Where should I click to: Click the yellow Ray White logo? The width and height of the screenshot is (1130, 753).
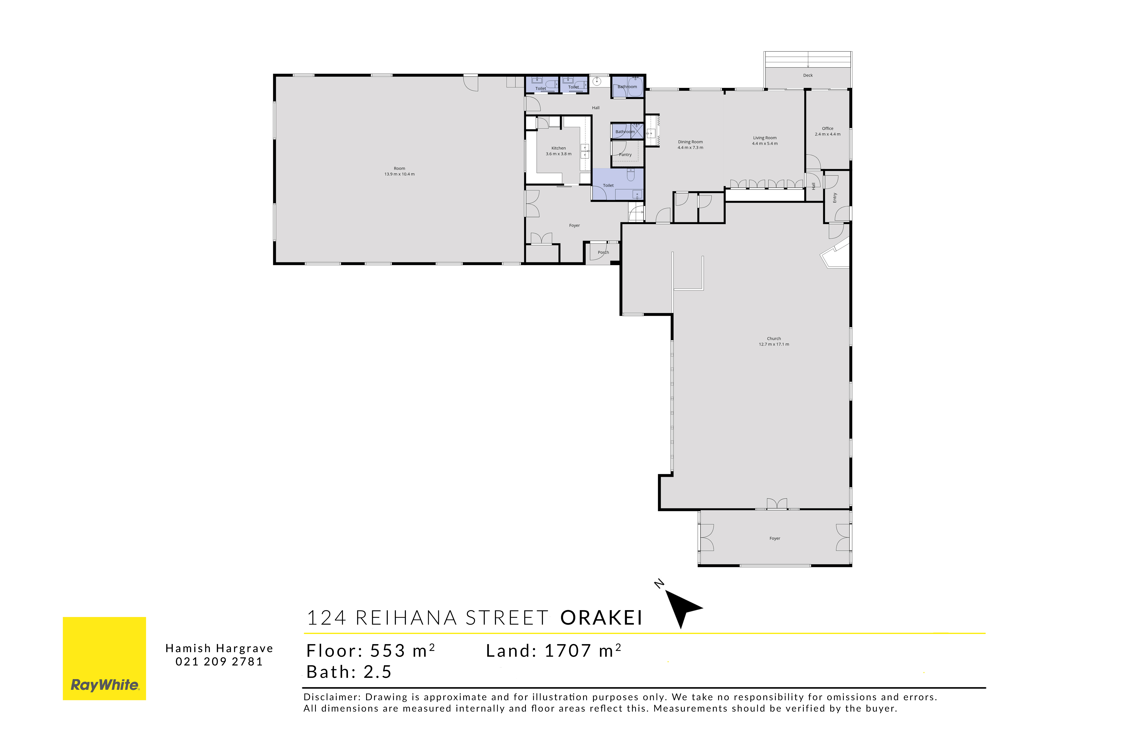(x=104, y=658)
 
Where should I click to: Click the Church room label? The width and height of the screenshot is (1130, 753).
(x=774, y=339)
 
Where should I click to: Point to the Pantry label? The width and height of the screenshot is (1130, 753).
(x=625, y=155)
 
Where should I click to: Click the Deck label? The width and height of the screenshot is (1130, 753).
(x=808, y=75)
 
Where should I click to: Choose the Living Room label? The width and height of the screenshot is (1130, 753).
(x=765, y=138)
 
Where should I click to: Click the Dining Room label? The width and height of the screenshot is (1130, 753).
(x=690, y=142)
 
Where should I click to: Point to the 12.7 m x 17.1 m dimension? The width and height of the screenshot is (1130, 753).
(x=774, y=344)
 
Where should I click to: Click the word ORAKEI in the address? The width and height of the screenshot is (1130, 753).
(x=602, y=618)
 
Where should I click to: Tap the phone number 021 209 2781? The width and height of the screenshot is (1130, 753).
(x=219, y=662)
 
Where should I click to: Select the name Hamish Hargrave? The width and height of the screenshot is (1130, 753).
(x=219, y=648)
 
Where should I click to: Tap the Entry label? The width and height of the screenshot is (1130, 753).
(x=835, y=197)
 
